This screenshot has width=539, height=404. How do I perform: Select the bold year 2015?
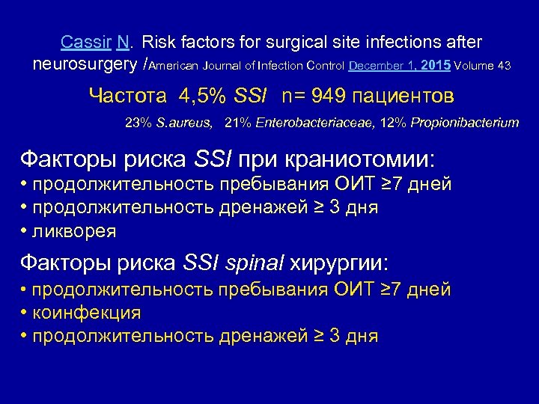(436, 65)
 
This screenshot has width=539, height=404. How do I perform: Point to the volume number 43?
(504, 66)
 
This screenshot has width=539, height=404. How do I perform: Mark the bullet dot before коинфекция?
(25, 312)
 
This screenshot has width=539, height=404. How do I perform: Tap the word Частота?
(129, 96)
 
